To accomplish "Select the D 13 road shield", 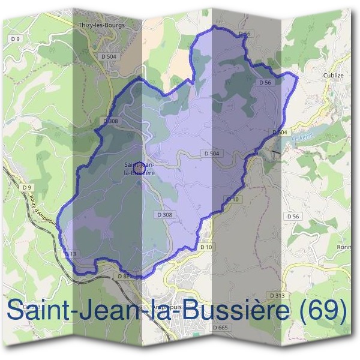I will coord(70,254).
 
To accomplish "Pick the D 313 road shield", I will coord(277,296).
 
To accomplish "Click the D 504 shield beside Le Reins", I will coord(280,132).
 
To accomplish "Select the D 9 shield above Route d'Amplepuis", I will coord(26,188).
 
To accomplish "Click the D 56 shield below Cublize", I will coord(293,216).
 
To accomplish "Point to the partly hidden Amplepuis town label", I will coord(164,308).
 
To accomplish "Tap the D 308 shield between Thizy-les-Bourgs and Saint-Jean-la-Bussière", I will coord(110,121).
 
